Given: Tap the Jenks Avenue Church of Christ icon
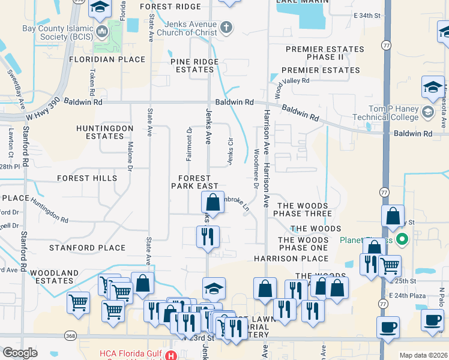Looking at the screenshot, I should click(226, 27).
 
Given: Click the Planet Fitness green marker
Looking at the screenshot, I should click(403, 240).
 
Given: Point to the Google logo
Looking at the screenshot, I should click(20, 353).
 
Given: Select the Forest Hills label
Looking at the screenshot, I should click(87, 178).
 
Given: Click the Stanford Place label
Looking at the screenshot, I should click(88, 247).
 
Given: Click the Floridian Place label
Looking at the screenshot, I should click(107, 59).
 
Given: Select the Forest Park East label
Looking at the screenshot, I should click(194, 182).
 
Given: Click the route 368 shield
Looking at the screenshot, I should click(71, 337).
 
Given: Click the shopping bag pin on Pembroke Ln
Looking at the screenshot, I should click(213, 202).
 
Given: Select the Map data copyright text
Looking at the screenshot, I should click(423, 355).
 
